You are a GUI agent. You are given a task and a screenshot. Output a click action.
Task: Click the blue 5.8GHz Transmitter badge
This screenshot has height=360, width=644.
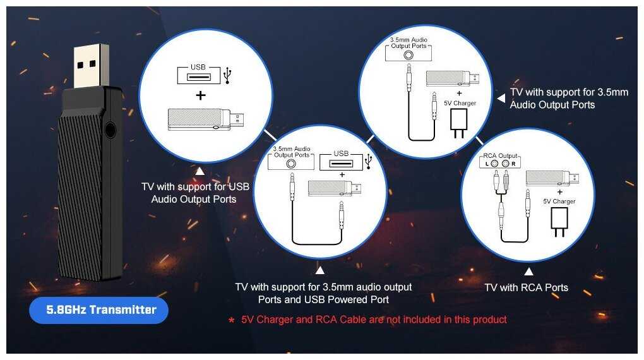pos(98,310)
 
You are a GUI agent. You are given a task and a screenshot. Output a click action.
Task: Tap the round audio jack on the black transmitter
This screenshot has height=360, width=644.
pos(110,130)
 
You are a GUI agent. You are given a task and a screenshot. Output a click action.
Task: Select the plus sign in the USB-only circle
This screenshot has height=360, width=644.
pos(200,95)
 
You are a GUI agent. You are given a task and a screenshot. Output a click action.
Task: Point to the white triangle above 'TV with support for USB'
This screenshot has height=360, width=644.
pos(200,171)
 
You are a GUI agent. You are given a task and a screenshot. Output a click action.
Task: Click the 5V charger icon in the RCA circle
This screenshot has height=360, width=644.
pos(559,222)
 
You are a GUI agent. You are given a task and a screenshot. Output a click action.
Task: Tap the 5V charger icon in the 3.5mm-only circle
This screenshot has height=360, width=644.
pos(459,123)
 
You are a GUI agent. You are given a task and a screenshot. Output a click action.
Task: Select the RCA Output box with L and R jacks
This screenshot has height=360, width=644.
pos(500,161)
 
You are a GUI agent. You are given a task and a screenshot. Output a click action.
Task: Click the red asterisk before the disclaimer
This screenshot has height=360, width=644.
pos(232,320)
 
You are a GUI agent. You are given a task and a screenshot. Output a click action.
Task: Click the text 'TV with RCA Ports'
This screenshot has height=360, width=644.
pos(526,287)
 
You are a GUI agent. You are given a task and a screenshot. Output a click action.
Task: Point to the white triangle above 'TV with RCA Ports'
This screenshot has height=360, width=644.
pos(528,271)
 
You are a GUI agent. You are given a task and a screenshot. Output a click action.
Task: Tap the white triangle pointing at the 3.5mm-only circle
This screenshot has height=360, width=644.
pos(501,99)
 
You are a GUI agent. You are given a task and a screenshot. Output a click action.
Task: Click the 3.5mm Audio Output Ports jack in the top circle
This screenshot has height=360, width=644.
pos(408,55)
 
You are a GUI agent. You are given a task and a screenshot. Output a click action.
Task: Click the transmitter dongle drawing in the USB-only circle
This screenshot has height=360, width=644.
pos(206,119)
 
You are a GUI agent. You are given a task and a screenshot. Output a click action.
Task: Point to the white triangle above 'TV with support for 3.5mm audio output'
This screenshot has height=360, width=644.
pos(320,270)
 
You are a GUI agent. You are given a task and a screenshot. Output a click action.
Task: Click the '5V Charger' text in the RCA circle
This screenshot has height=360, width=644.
pos(559,201)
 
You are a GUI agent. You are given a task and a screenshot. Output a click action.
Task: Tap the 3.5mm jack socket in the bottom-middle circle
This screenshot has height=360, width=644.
pos(291,164)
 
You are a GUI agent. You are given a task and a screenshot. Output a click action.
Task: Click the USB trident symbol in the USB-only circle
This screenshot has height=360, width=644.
pos(228,76)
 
